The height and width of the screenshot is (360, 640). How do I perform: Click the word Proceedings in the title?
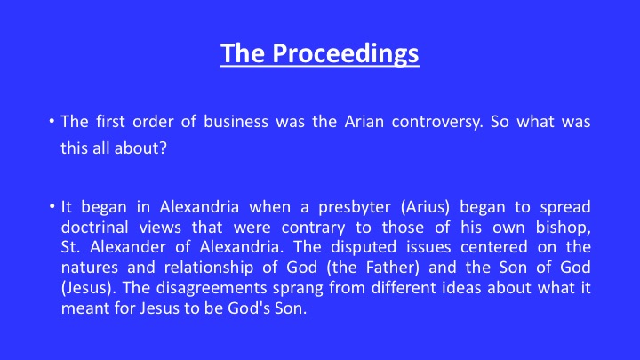[346, 54]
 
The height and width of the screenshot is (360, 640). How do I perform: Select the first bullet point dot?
[52, 120]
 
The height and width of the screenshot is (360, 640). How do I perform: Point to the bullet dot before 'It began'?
[52, 206]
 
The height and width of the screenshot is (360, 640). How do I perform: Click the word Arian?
[364, 122]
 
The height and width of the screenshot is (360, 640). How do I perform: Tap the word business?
[236, 122]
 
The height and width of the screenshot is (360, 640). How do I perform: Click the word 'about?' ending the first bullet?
[140, 148]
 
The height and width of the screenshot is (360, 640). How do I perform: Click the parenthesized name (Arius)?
[425, 207]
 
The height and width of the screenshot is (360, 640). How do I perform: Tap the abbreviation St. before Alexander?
[70, 247]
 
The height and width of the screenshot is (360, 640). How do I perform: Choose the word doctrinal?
[95, 228]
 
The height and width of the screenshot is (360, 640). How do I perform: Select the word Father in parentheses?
[390, 268]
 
